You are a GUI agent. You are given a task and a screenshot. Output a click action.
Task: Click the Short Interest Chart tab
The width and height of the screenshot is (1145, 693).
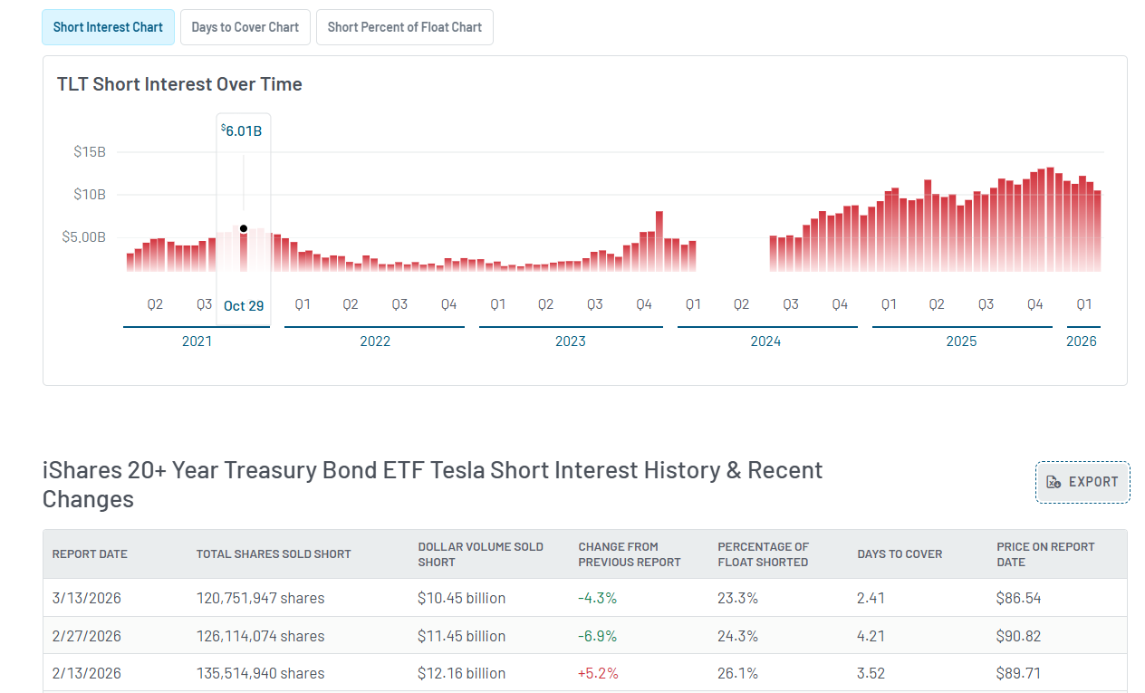(x=108, y=27)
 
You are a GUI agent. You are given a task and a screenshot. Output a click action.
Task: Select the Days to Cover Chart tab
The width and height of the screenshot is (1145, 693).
(x=245, y=27)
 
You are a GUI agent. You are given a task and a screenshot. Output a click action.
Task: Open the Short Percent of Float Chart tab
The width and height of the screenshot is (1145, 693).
(x=404, y=27)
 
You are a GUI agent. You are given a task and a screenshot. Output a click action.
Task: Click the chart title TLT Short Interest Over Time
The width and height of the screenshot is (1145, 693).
(x=179, y=84)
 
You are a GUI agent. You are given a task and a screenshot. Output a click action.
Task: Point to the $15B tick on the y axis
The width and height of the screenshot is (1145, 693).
(x=90, y=151)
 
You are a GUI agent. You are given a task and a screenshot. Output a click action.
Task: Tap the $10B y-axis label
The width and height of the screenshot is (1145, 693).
(x=90, y=194)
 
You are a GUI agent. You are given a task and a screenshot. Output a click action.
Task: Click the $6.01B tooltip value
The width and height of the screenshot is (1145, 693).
(x=243, y=130)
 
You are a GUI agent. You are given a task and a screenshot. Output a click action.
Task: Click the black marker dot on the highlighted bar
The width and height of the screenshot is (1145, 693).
(x=244, y=228)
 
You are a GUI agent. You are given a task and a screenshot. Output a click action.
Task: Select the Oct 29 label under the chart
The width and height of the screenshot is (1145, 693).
(x=244, y=305)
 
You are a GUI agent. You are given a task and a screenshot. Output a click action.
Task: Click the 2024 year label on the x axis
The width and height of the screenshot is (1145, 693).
(x=765, y=342)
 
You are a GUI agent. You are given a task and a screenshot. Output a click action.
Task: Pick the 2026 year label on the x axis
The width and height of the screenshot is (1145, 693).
(x=1082, y=342)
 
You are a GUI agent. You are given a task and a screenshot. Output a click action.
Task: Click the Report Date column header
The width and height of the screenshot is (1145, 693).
(x=90, y=554)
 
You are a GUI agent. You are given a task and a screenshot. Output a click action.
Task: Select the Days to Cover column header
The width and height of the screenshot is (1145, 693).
(x=900, y=554)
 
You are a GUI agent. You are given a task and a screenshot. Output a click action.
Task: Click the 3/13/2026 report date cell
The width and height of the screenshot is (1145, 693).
(x=87, y=598)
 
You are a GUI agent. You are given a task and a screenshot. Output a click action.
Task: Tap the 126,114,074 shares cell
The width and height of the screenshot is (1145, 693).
(x=260, y=636)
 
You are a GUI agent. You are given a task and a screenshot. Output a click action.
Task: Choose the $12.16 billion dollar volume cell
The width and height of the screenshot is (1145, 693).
(x=461, y=673)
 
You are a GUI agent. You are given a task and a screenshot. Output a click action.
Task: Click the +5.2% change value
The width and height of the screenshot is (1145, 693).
(x=597, y=673)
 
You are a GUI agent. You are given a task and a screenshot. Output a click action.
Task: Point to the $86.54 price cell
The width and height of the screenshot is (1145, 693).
(x=1018, y=598)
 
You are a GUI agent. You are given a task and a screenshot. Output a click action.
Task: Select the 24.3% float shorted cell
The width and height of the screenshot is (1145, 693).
(x=737, y=636)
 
